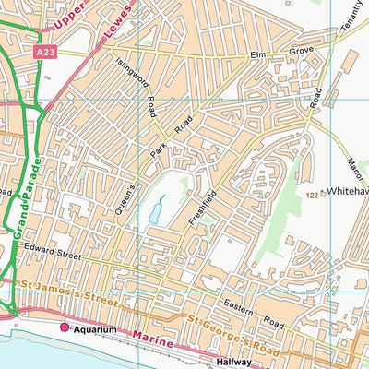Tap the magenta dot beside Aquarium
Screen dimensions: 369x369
tap(65, 327)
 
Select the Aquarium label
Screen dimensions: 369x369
tap(95, 328)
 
